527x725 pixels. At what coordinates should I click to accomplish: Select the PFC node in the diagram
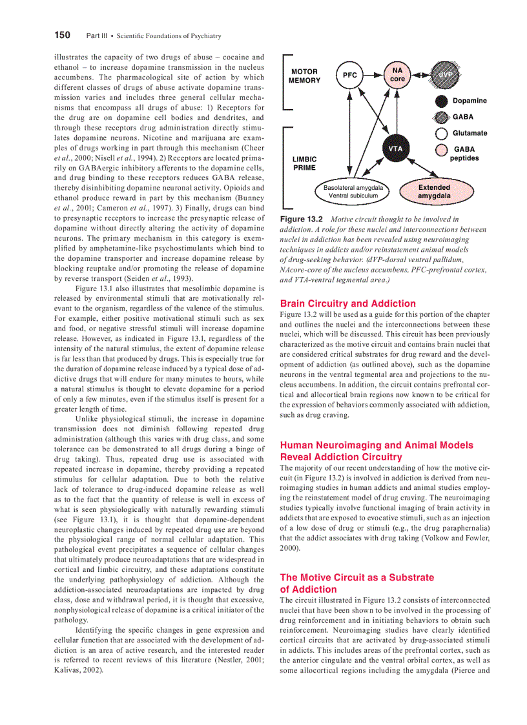pos(349,76)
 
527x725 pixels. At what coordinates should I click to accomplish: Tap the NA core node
pos(397,74)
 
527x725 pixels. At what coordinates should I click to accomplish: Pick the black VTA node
pos(395,149)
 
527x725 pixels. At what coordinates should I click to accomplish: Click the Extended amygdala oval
pos(434,191)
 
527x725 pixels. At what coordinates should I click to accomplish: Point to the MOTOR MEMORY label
pos(304,76)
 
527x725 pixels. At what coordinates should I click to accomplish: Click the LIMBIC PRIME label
pos(304,163)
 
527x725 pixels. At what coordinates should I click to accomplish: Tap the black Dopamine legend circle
pos(442,101)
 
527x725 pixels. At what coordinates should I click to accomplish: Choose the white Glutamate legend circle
pos(442,134)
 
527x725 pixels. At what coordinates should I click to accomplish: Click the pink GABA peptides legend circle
pos(442,150)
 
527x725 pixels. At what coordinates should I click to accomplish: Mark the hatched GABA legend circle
pos(442,117)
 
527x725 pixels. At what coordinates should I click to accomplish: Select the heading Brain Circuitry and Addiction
pos(347,303)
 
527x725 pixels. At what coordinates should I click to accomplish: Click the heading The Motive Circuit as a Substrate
pos(356,577)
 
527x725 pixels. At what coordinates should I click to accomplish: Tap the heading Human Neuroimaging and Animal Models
pos(376,445)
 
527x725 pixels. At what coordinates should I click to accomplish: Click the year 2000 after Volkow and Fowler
pos(289,547)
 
